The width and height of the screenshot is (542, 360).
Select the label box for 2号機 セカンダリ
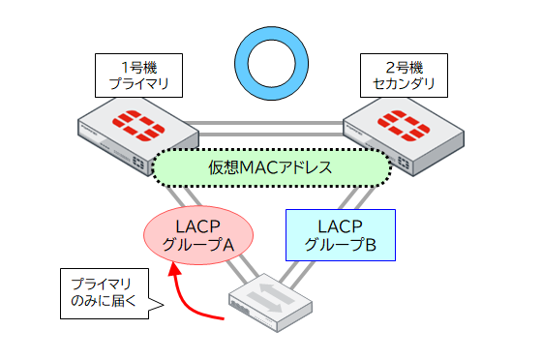[403, 75]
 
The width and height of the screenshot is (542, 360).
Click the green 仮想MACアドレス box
[271, 168]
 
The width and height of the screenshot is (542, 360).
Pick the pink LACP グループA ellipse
[198, 235]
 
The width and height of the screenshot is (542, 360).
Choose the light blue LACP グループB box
[341, 235]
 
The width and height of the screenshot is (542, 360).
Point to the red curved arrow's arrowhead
[175, 272]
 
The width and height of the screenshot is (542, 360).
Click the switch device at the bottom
[271, 305]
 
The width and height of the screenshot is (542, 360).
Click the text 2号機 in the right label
[403, 67]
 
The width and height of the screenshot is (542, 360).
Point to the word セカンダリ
[403, 84]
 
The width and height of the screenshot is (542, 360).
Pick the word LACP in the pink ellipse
[198, 226]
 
